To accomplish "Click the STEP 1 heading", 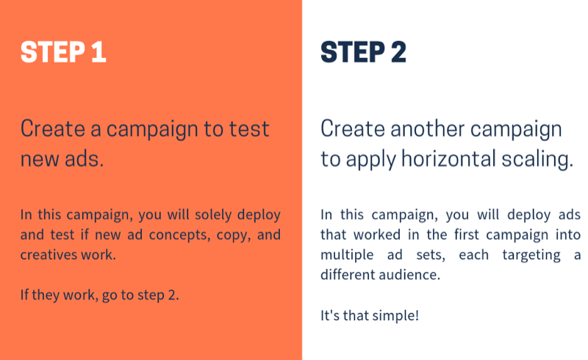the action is click(x=63, y=51).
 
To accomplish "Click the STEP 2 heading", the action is click(x=363, y=51).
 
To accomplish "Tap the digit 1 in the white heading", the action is click(x=98, y=51).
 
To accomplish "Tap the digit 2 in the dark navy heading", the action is click(x=398, y=51).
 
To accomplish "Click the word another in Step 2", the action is click(x=428, y=129).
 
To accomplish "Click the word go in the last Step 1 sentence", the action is click(x=109, y=296).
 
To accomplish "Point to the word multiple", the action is click(x=347, y=255).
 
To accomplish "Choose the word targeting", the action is click(x=531, y=256).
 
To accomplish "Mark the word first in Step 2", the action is click(x=467, y=234).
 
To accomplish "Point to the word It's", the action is click(x=330, y=315).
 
